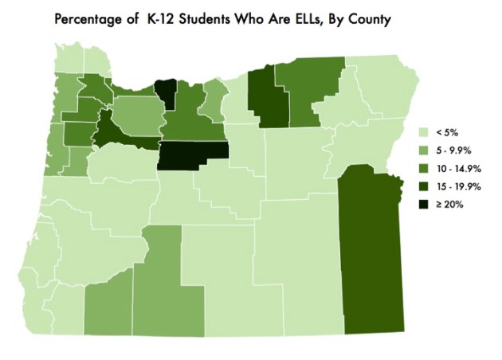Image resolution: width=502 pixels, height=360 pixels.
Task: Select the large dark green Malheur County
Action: point(371,255)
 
